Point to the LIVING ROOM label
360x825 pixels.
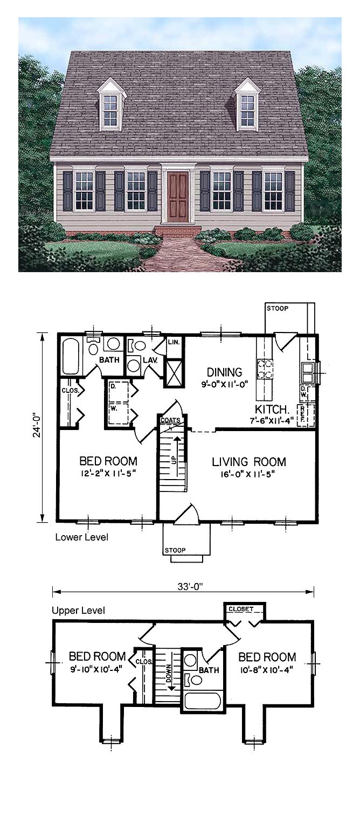coord(248,462)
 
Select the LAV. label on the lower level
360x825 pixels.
coord(150,360)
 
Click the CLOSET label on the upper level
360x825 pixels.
coord(241,609)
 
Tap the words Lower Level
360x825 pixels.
coord(81,538)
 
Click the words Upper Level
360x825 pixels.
coord(78,611)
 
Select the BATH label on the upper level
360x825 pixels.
coord(209,670)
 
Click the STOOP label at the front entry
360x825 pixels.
coord(175,550)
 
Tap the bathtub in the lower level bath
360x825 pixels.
coord(70,356)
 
